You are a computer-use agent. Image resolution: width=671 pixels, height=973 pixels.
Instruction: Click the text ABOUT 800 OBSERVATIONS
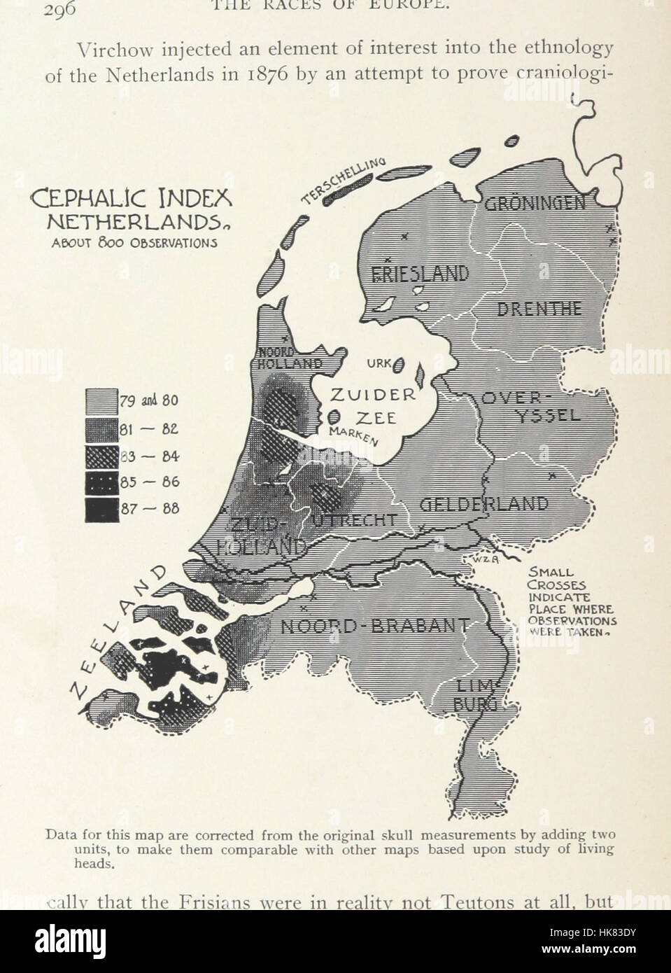point(132,243)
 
